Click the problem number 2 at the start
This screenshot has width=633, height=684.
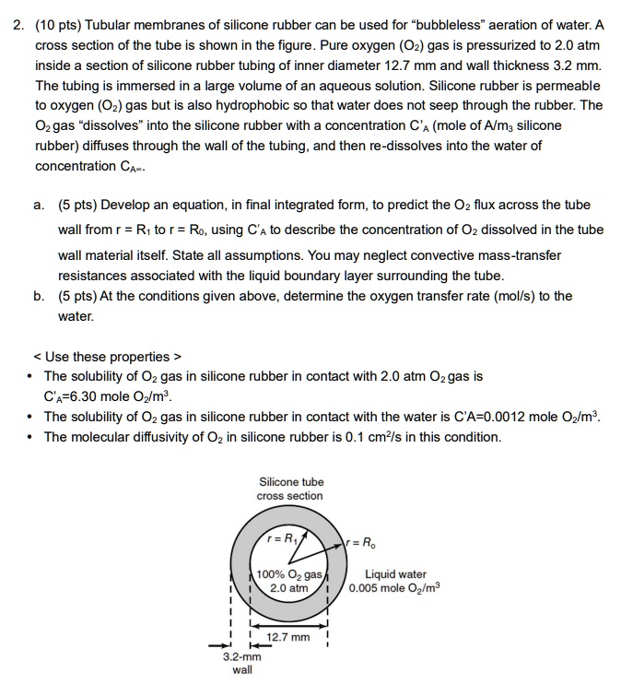point(17,24)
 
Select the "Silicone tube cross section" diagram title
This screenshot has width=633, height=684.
point(291,489)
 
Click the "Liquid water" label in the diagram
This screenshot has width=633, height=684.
point(395,574)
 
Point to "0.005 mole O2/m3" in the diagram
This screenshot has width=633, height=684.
point(395,588)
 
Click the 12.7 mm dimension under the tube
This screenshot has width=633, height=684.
point(288,637)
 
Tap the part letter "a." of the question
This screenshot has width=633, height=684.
point(40,205)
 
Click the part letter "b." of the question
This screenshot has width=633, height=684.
point(40,296)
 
